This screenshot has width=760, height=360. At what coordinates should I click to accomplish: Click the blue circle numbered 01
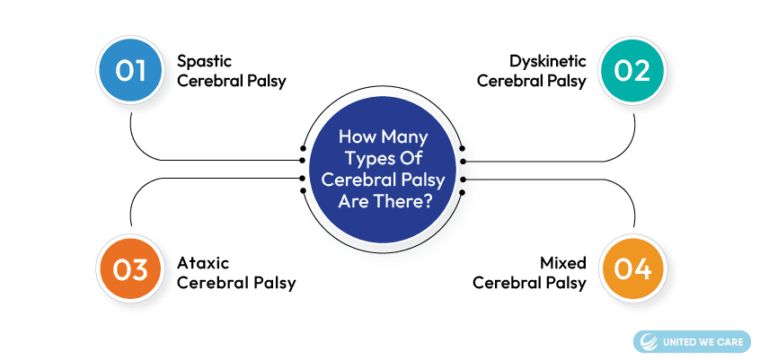(130, 71)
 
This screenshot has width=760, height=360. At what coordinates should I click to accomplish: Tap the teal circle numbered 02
(632, 71)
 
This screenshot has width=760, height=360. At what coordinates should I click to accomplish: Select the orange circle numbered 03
(130, 269)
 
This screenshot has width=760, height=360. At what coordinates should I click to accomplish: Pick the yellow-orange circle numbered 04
(632, 269)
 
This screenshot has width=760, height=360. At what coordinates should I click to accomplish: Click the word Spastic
(204, 62)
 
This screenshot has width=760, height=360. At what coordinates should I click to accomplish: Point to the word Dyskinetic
(548, 62)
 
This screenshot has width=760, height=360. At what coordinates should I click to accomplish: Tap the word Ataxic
(203, 263)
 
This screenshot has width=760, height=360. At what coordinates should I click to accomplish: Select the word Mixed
(563, 263)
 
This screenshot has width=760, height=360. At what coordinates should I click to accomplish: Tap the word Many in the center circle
(405, 137)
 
